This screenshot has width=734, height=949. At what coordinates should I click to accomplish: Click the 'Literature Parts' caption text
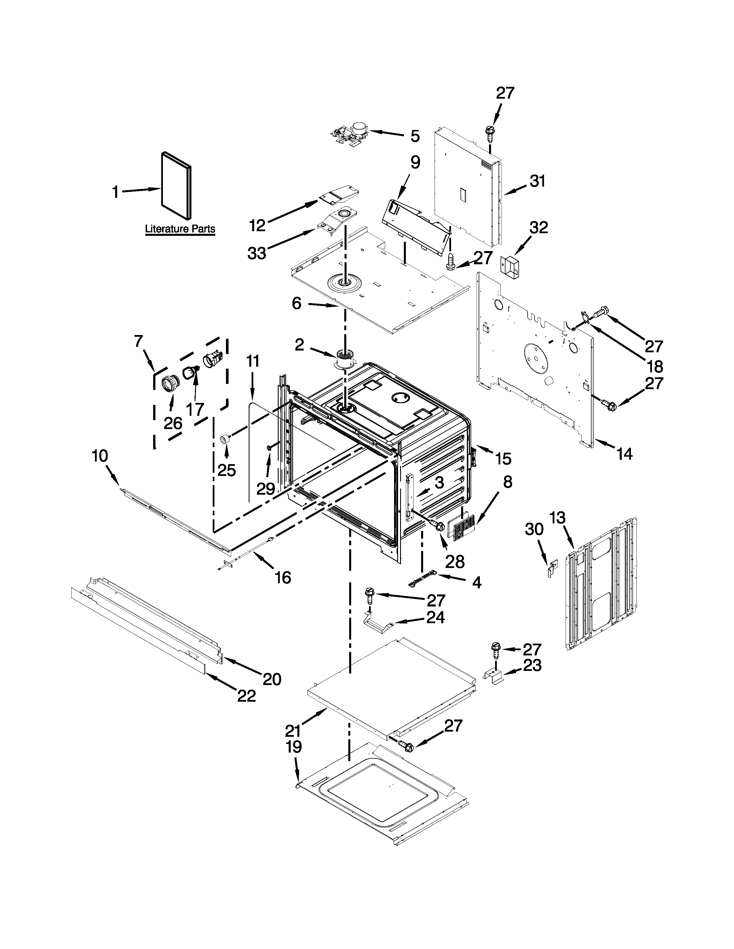[180, 229]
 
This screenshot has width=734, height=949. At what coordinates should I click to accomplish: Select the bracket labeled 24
[378, 627]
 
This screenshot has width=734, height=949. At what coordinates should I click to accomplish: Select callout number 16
[283, 577]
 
